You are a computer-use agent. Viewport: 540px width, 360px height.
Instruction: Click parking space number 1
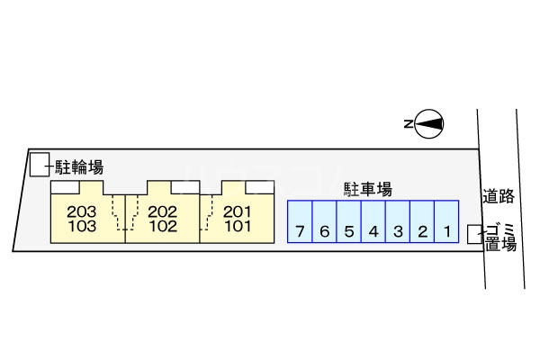click(446, 231)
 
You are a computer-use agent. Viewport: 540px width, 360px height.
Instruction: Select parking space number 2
click(421, 231)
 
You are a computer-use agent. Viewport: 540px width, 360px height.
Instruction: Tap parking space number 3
click(397, 231)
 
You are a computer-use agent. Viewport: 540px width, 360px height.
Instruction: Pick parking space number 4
click(373, 231)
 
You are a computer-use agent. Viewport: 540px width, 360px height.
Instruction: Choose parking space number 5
click(348, 231)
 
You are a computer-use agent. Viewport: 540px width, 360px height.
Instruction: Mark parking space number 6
click(324, 231)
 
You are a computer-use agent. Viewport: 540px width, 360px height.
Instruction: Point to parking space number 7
click(300, 231)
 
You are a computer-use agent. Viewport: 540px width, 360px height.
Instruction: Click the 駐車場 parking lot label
click(367, 190)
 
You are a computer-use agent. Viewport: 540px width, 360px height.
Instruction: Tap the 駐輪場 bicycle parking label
click(79, 166)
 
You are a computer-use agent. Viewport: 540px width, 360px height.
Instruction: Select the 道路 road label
click(499, 195)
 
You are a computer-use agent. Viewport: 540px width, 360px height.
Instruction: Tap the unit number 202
click(162, 212)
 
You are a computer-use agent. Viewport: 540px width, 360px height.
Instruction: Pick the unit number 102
click(162, 227)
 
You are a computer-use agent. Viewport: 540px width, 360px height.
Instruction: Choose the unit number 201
click(237, 212)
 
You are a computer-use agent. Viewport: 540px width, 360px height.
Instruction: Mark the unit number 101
click(237, 227)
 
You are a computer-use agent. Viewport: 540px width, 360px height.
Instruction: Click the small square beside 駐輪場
click(39, 166)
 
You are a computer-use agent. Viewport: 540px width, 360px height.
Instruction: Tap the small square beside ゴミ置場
click(475, 234)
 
